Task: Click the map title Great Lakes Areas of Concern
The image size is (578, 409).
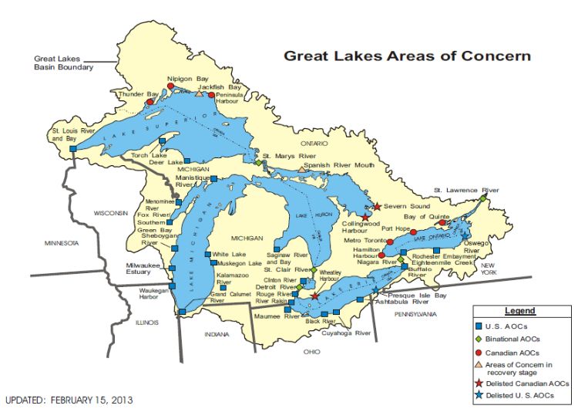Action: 407,56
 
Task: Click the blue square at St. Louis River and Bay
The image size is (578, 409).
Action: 72,148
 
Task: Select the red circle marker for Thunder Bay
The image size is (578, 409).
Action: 151,101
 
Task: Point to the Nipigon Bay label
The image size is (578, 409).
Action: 188,79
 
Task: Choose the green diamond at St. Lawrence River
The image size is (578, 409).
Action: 483,198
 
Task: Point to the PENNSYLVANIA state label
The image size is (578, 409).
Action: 417,314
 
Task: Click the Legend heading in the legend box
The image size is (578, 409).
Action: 519,311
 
